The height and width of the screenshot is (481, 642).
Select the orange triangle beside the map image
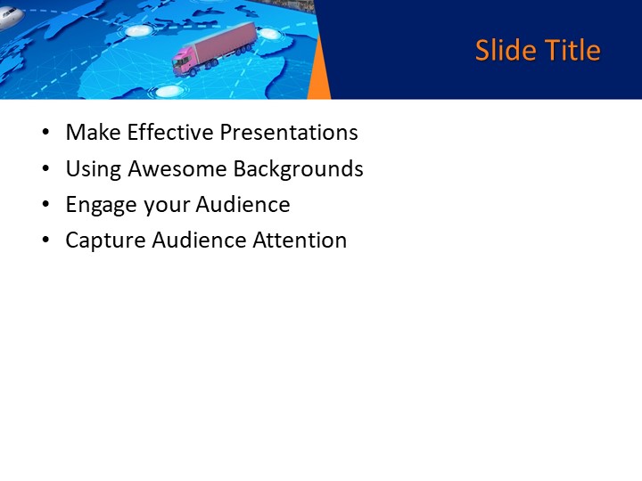319,80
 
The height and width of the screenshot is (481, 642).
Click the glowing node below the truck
168,90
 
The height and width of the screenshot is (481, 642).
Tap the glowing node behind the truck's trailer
269,34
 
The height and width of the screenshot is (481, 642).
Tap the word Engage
101,205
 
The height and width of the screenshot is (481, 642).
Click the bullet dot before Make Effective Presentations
45,134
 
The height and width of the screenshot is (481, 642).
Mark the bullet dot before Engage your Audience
45,206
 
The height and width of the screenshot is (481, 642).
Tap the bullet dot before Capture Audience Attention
45,241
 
